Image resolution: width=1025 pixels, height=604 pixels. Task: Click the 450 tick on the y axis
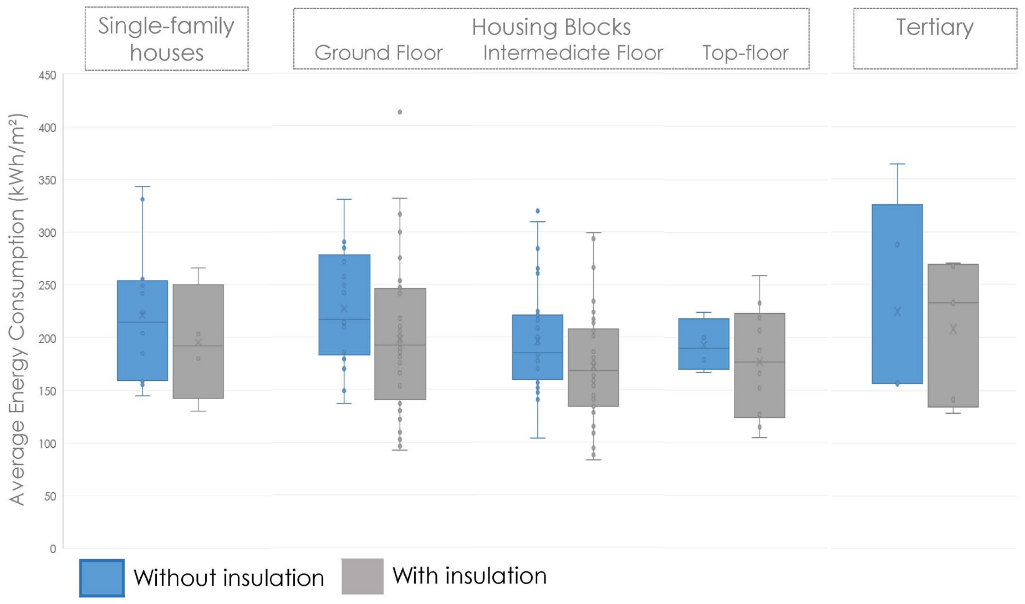[x=47, y=76]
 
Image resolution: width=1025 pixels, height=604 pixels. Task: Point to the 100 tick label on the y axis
[x=47, y=444]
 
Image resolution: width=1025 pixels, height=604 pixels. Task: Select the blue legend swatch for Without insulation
[x=102, y=578]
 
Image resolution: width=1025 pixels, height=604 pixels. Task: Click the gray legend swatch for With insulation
[x=362, y=576]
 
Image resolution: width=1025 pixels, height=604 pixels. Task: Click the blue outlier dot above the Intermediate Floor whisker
[x=537, y=211]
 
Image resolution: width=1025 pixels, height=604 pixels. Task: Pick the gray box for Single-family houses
[x=198, y=341]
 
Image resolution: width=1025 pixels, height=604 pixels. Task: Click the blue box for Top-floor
[x=704, y=344]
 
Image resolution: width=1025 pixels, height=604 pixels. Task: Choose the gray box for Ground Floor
[x=400, y=344]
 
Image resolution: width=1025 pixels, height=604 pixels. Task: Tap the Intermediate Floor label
[x=573, y=53]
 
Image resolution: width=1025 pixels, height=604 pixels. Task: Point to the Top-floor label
[x=745, y=53]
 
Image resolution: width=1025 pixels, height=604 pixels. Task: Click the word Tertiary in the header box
[x=935, y=27]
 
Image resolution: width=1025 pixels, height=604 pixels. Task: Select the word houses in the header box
[x=167, y=53]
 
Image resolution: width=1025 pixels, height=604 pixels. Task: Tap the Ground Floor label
[x=379, y=53]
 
